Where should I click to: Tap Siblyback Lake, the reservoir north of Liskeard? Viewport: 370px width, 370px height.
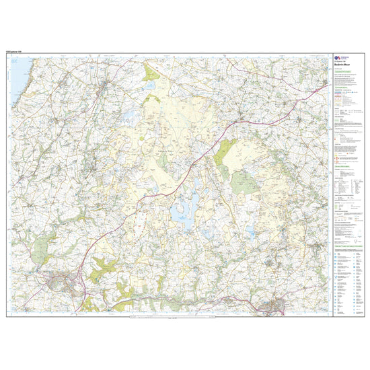pos(250,232)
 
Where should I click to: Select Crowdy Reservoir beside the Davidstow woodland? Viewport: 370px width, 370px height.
pos(150,86)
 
